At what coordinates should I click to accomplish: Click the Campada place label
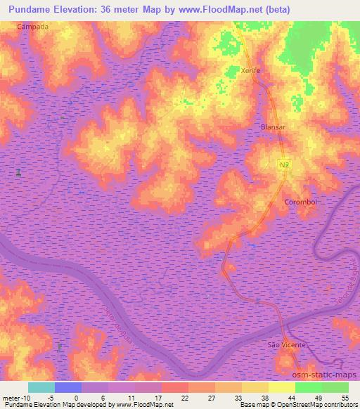pyautogui.click(x=34, y=26)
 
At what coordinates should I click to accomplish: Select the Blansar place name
pyautogui.click(x=274, y=126)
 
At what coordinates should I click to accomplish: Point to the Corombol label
pyautogui.click(x=301, y=202)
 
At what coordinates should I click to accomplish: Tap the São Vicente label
pyautogui.click(x=287, y=345)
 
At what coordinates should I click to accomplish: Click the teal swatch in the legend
pyautogui.click(x=41, y=387)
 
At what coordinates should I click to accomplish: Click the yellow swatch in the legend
pyautogui.click(x=281, y=387)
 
